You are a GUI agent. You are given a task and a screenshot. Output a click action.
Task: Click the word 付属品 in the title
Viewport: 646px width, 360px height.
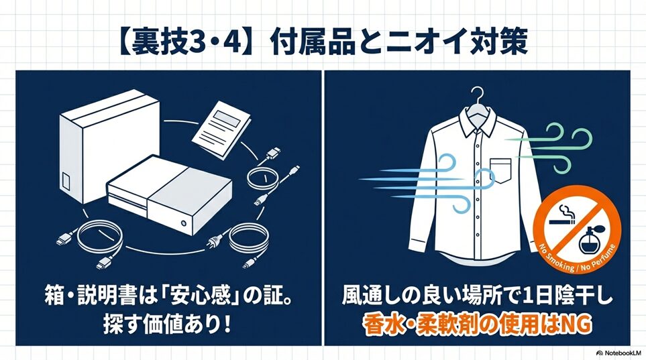click(x=313, y=41)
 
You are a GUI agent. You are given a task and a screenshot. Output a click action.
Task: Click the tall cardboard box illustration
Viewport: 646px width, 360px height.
click(x=109, y=146)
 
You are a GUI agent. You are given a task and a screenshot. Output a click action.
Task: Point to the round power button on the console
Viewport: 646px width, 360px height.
click(x=184, y=223)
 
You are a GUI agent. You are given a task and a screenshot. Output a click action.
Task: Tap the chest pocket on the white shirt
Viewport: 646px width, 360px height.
click(x=500, y=170)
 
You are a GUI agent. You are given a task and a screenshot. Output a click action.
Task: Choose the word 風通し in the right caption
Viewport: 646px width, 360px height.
click(x=373, y=296)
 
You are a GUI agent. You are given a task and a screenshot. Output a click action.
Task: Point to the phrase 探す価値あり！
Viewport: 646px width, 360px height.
click(x=167, y=325)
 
